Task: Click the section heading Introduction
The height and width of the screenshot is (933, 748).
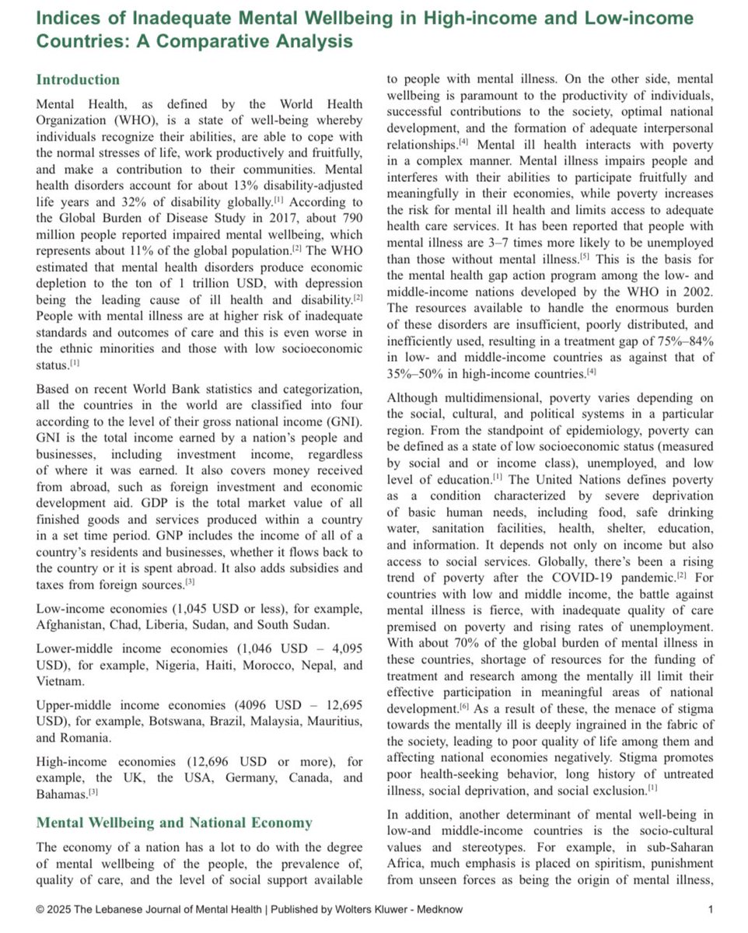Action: (78, 80)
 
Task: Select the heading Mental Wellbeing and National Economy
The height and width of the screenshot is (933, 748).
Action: (174, 823)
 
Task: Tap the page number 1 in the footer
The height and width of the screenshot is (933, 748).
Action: (711, 909)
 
